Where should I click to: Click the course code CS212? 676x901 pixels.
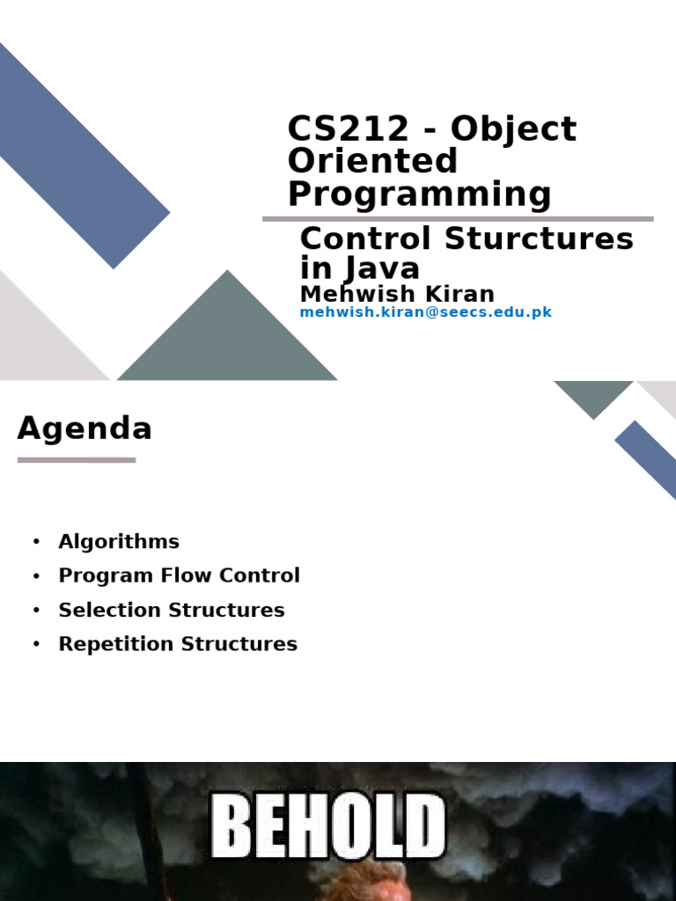click(x=349, y=129)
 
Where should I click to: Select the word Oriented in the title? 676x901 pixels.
click(x=372, y=162)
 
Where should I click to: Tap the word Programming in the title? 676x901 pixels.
click(x=419, y=194)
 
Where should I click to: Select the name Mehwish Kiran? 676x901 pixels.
click(x=397, y=294)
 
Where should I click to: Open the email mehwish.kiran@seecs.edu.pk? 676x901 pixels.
click(x=425, y=312)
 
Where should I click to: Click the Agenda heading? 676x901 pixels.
click(x=84, y=429)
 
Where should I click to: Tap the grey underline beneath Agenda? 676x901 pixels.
click(x=77, y=459)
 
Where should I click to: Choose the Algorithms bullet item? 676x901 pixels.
click(x=119, y=542)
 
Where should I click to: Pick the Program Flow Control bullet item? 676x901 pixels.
click(x=179, y=575)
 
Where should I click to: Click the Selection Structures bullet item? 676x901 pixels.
click(x=172, y=610)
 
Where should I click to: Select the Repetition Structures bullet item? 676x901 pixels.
click(x=178, y=644)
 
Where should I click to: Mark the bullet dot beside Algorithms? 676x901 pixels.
click(x=36, y=542)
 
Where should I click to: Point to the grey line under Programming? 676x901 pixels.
click(x=458, y=218)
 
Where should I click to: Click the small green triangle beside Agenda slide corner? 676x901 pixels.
click(x=592, y=394)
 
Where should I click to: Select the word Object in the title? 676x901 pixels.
click(x=514, y=129)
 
